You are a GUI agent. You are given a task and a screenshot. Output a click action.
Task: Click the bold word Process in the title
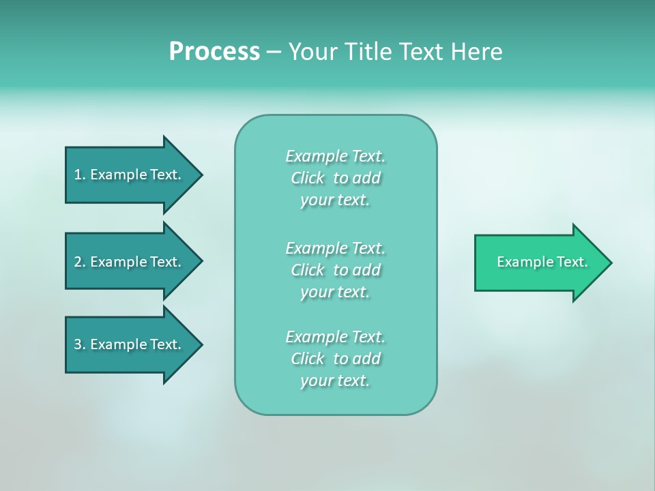(214, 52)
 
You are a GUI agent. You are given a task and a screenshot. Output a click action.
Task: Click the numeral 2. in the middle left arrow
(79, 262)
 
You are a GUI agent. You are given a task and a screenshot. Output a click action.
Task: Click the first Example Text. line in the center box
(335, 156)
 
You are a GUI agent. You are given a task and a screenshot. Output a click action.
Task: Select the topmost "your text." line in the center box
(335, 200)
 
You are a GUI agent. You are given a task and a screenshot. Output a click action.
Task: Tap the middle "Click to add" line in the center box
(335, 270)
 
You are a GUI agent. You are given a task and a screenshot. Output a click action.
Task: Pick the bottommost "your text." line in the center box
(335, 381)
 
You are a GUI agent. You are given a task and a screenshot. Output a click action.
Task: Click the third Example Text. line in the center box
(335, 337)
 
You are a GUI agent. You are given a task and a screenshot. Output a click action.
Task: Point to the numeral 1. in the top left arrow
(79, 175)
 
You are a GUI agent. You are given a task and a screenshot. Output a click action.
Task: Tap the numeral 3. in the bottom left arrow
(79, 344)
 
